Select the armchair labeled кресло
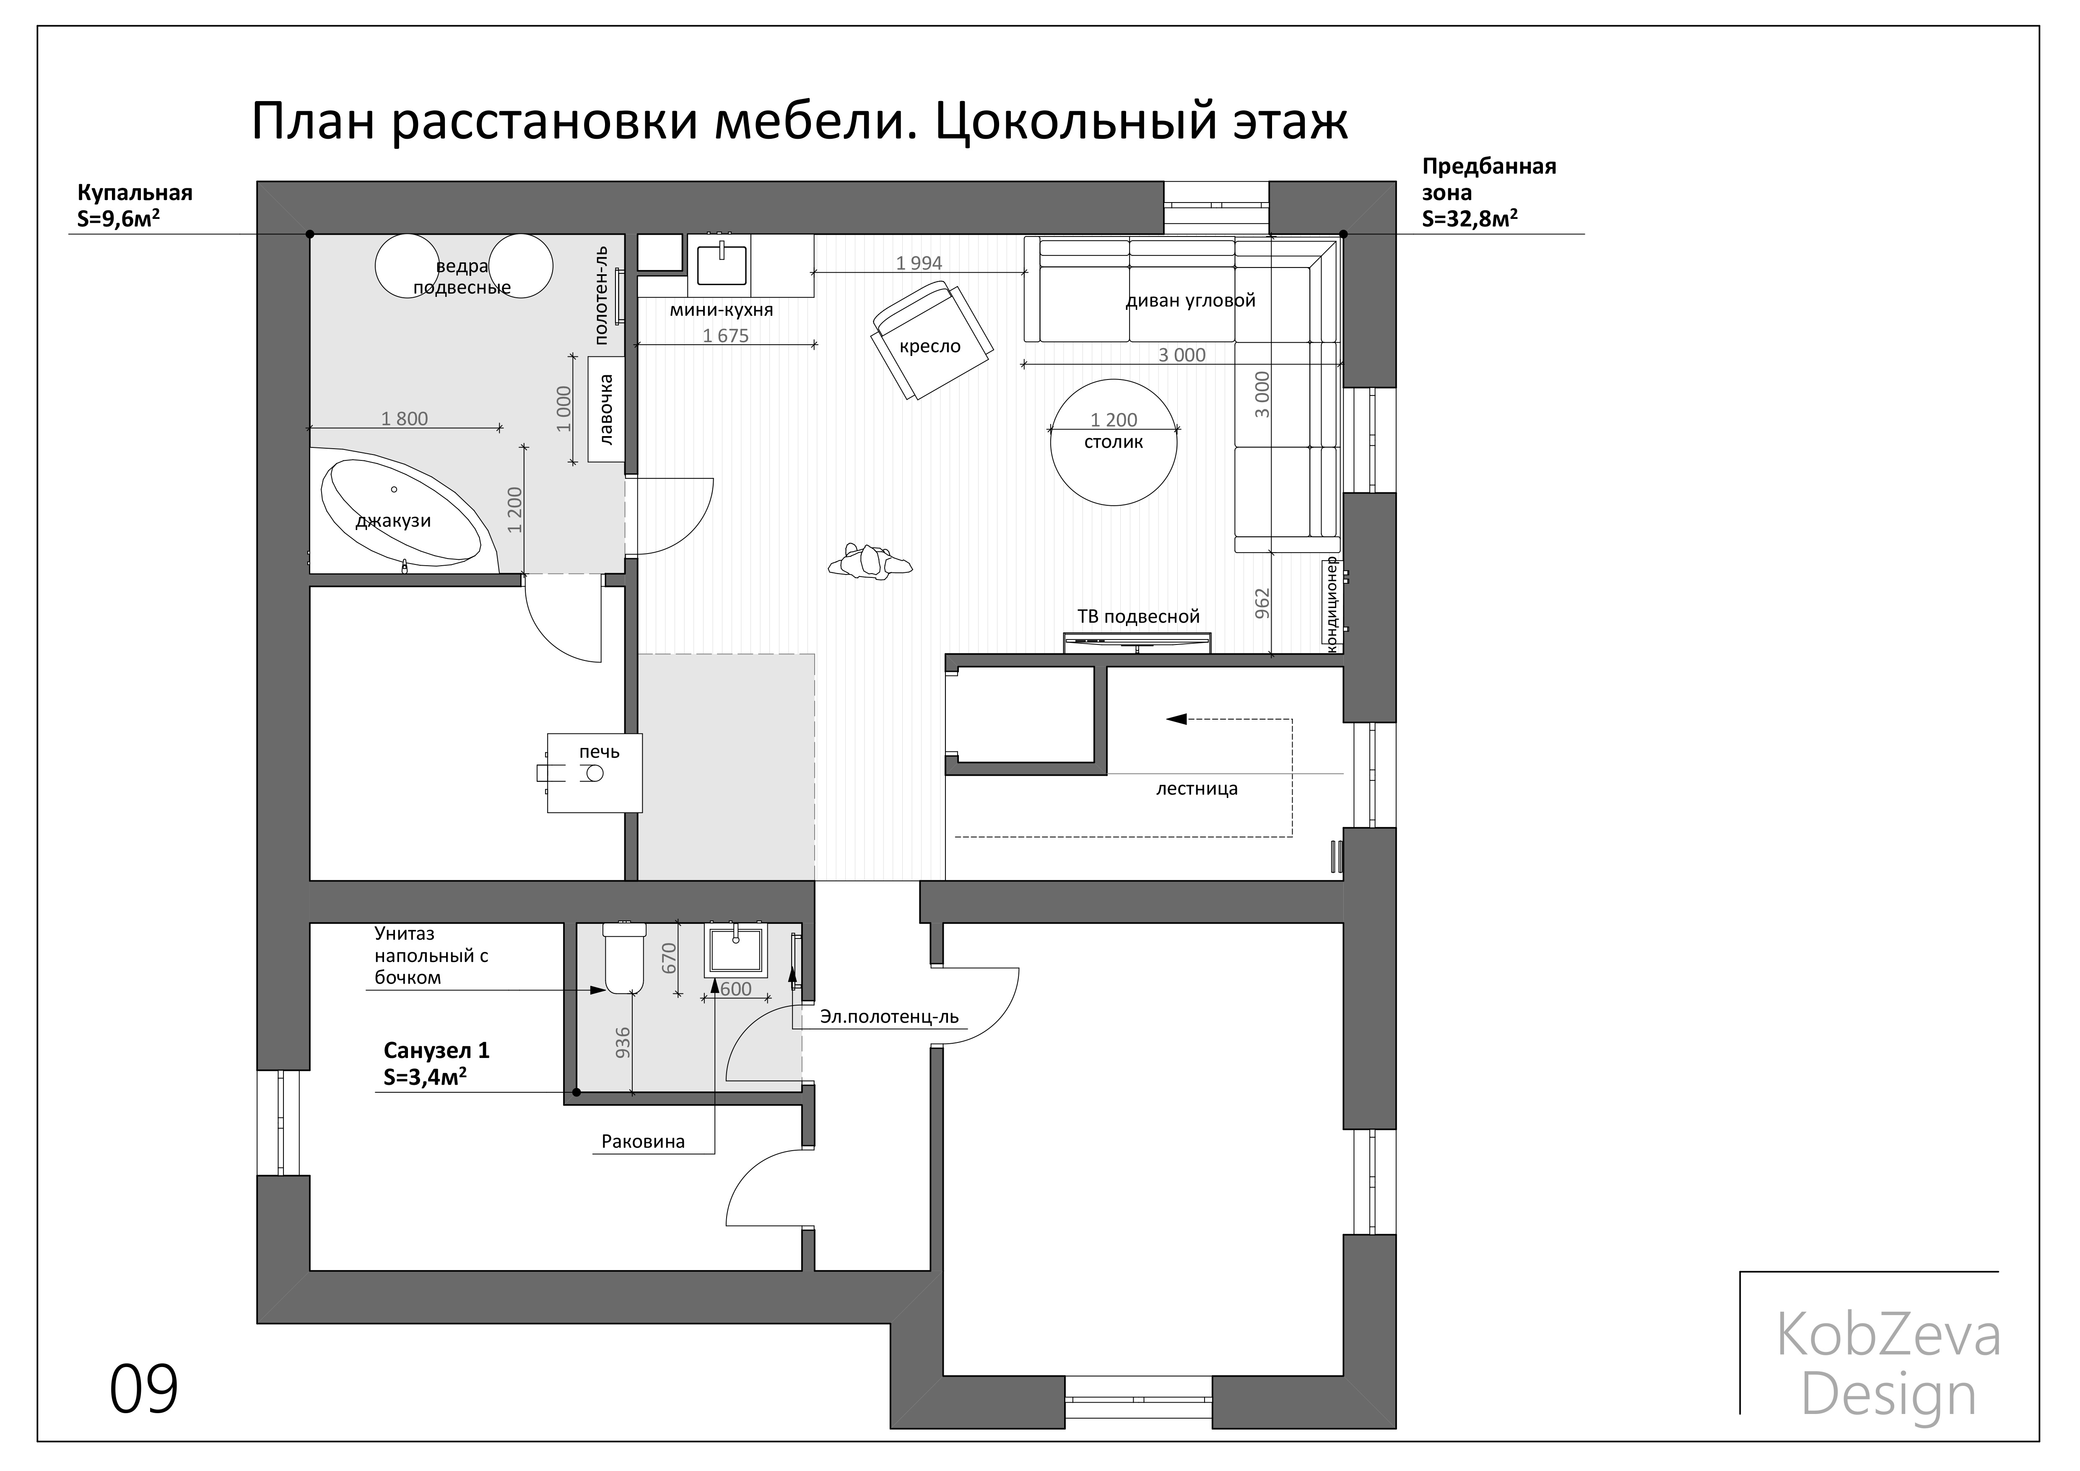(930, 340)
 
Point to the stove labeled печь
(594, 772)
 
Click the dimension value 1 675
(726, 336)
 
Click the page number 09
(144, 1390)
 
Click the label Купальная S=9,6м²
(134, 205)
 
